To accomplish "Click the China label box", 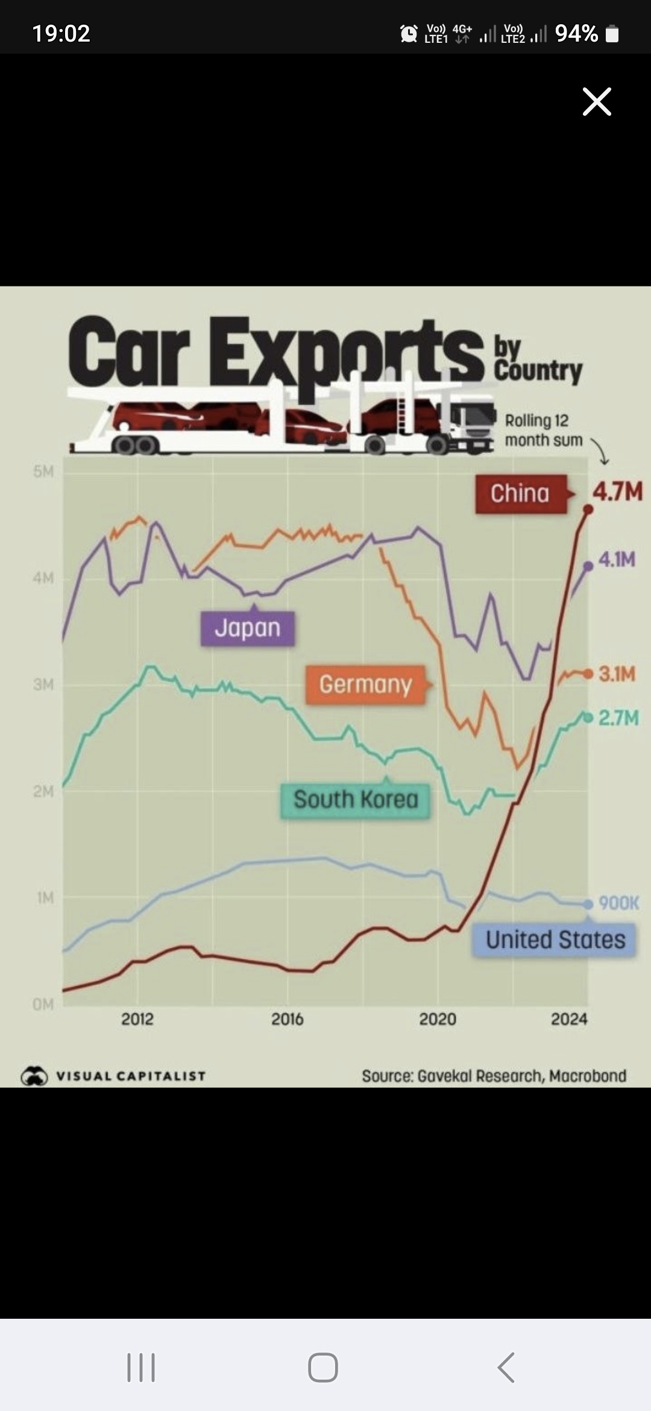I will point(520,494).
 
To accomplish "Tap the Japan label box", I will point(248,628).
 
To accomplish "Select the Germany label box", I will point(365,684).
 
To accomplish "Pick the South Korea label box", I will point(356,800).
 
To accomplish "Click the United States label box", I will point(555,940).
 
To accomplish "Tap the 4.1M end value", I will point(617,560).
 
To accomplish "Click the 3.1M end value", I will point(617,674).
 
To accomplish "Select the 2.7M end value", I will point(618,718).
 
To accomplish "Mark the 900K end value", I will point(619,903).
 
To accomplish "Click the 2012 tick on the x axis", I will point(137,1019).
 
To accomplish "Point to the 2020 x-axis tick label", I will point(438,1019).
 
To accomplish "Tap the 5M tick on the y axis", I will point(43,472).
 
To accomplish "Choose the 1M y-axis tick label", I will point(45,898).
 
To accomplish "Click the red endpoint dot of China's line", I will point(589,510).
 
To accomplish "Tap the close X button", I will point(597,101).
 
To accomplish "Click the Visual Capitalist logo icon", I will point(34,1076).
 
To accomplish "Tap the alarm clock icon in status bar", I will point(409,34).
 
